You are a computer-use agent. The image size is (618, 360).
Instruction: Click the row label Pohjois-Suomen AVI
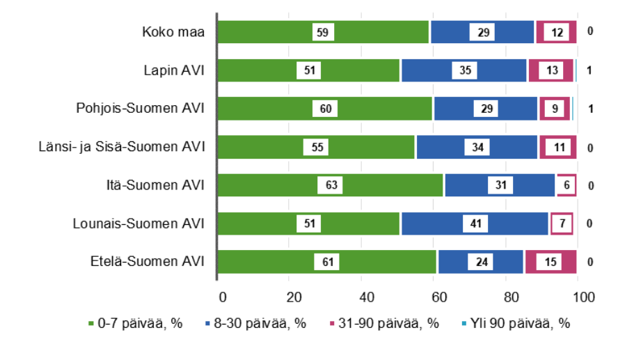tap(140, 109)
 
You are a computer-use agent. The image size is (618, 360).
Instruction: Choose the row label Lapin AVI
tap(173, 70)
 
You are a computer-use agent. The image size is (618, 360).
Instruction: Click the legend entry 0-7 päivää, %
tap(136, 323)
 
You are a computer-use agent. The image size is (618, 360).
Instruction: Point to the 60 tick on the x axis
tap(438, 297)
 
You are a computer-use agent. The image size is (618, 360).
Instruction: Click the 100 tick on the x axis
tap(583, 297)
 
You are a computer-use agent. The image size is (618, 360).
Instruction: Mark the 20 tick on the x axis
tap(294, 297)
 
